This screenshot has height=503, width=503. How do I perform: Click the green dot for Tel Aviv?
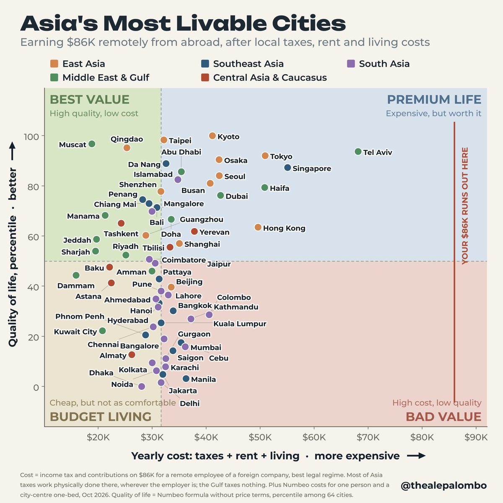click(358, 151)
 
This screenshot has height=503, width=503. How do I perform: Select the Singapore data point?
click(288, 168)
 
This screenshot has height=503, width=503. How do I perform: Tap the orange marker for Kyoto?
click(213, 136)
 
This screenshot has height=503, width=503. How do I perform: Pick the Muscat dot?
click(92, 144)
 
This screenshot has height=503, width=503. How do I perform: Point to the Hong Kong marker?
click(258, 227)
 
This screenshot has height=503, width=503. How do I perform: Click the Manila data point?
click(186, 379)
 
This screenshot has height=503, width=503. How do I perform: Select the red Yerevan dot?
click(194, 231)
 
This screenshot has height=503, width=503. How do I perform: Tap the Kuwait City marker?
click(103, 331)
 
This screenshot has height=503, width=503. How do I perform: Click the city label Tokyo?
click(281, 156)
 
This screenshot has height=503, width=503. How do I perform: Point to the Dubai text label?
click(237, 196)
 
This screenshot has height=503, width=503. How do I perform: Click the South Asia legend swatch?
click(351, 64)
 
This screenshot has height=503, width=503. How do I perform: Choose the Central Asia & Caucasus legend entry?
click(264, 78)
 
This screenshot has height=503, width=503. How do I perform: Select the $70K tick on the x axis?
click(368, 437)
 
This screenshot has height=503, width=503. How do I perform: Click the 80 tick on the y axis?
click(33, 187)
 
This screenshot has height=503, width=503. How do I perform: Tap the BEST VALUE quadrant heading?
click(90, 99)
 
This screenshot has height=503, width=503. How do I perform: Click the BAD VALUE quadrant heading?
click(443, 417)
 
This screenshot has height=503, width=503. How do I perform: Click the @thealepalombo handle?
click(444, 485)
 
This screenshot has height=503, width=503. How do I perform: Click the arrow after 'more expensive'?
click(416, 456)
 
